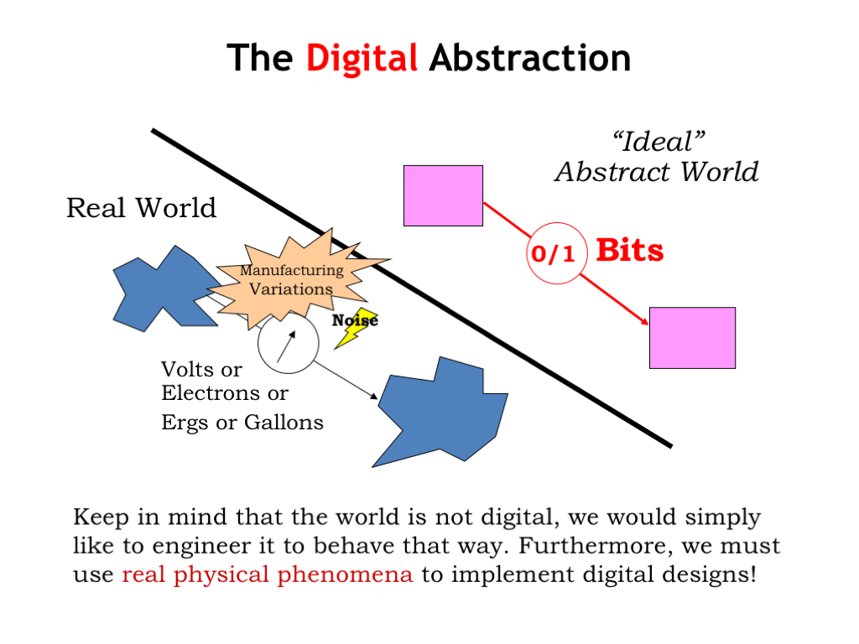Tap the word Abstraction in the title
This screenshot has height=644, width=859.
pos(530,58)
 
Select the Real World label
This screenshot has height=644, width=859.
pos(141,208)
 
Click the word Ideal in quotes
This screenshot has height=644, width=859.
pos(658,142)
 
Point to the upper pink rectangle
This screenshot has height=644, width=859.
pos(443,195)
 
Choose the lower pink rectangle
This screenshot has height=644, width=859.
pos(692,338)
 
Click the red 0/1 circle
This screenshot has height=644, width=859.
pos(557,253)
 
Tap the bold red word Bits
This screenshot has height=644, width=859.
pos(630,250)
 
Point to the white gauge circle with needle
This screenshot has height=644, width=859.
pos(289,343)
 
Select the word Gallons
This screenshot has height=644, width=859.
pos(284,423)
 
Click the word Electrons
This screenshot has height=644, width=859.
pos(211,393)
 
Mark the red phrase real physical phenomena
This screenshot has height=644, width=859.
pos(268,575)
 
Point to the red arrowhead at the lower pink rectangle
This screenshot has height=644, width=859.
pos(644,321)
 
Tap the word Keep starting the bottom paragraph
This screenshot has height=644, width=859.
pos(101,517)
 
